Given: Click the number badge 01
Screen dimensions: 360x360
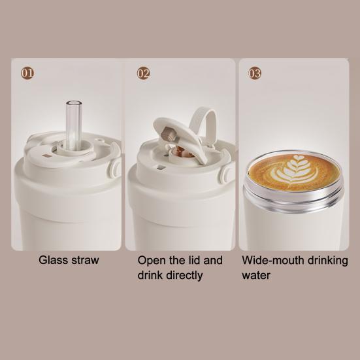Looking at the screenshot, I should point(27,73).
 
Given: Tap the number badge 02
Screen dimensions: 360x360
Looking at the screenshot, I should point(144,73).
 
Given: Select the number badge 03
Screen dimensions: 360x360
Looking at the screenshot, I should point(254,73).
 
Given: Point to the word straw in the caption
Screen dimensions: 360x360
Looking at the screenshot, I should point(85,260).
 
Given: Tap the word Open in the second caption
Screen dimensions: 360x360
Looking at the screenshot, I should point(151,260).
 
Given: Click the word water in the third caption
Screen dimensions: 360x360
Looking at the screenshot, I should point(256,275).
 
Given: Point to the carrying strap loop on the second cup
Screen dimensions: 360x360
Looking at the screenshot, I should point(208,124).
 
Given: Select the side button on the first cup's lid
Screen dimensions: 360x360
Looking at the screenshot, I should point(115,169).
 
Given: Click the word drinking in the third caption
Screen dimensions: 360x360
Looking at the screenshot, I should point(327,260).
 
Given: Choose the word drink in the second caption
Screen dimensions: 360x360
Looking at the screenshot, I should point(150,275).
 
